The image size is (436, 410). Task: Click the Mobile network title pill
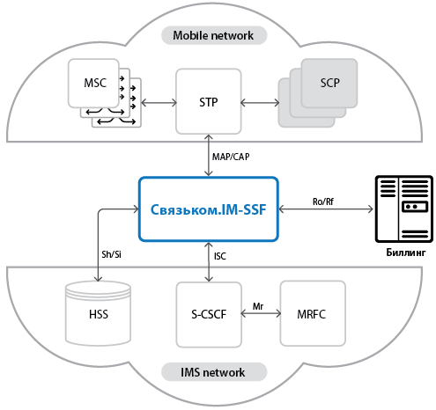click(x=214, y=35)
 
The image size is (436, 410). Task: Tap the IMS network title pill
click(x=214, y=372)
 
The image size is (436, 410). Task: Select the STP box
click(x=209, y=101)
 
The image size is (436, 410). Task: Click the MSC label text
click(x=95, y=83)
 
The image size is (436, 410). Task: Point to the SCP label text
click(x=329, y=83)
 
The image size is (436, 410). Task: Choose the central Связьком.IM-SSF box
click(x=209, y=209)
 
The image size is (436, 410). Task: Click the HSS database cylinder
click(x=98, y=313)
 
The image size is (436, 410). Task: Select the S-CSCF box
click(x=209, y=314)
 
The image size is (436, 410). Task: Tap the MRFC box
click(x=313, y=313)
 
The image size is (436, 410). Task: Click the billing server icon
click(x=404, y=209)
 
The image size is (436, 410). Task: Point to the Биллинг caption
click(x=405, y=253)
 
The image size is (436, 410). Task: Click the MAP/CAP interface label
click(x=231, y=157)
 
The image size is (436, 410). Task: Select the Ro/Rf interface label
click(x=323, y=201)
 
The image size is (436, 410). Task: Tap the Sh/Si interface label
click(x=111, y=254)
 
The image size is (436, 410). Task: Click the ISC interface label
click(x=220, y=256)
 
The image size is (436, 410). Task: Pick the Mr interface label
click(x=258, y=306)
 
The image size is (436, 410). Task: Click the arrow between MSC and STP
click(x=159, y=103)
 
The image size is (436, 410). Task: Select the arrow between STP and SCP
click(x=260, y=103)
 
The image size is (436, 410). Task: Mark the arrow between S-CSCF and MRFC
click(x=261, y=313)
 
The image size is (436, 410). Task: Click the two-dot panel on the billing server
click(x=415, y=207)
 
